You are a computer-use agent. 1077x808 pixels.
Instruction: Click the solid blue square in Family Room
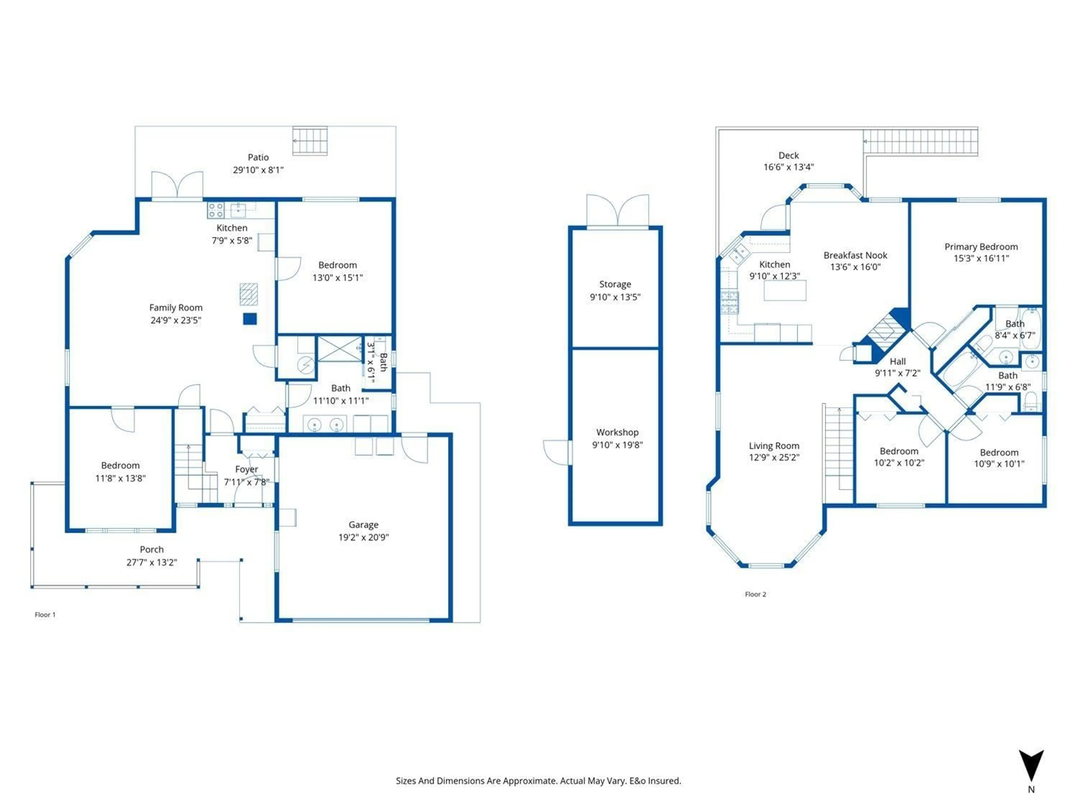pyautogui.click(x=250, y=318)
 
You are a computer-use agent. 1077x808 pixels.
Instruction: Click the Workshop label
pyautogui.click(x=617, y=432)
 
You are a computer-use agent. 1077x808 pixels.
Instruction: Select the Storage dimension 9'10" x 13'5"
pyautogui.click(x=615, y=297)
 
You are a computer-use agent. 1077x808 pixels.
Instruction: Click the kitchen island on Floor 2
pyautogui.click(x=784, y=291)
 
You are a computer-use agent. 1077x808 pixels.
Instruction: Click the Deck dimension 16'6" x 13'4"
pyautogui.click(x=788, y=167)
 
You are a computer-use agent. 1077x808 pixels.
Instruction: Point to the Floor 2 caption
pyautogui.click(x=755, y=594)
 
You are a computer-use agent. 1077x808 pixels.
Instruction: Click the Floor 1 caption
pyautogui.click(x=45, y=615)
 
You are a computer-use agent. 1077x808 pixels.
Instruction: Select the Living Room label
pyautogui.click(x=774, y=446)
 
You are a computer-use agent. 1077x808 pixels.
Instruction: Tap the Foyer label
pyautogui.click(x=246, y=469)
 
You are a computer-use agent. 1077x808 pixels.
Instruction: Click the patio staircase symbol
pyautogui.click(x=310, y=141)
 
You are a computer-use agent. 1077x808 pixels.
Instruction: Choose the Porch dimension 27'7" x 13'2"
pyautogui.click(x=151, y=562)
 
